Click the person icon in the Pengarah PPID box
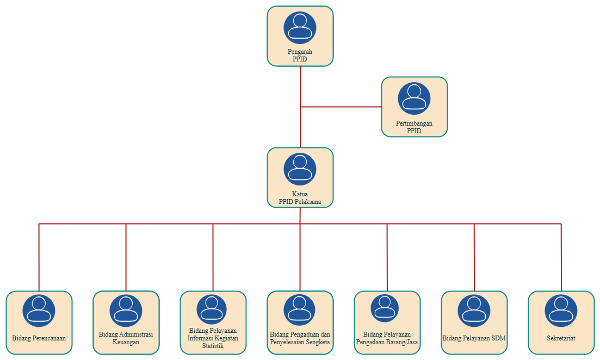click(300, 28)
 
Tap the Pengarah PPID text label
click(300, 55)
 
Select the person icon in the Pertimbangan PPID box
click(414, 98)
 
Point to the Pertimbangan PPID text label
click(414, 127)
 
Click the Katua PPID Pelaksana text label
click(300, 198)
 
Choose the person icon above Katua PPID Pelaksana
click(300, 169)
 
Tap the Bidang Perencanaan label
click(39, 338)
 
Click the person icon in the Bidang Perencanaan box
click(39, 311)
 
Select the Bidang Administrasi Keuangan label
click(126, 338)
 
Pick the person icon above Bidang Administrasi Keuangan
click(126, 311)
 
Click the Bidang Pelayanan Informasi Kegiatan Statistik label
click(213, 338)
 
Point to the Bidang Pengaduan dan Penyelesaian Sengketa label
click(300, 338)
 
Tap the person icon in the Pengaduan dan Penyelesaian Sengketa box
click(300, 311)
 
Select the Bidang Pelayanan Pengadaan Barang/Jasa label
click(387, 338)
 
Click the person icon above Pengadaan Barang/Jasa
click(385, 308)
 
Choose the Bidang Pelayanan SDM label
click(474, 338)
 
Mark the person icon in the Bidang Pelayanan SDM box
click(474, 311)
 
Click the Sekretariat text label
click(561, 338)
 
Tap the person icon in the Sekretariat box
click(561, 311)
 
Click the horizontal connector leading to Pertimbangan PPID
click(341, 107)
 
